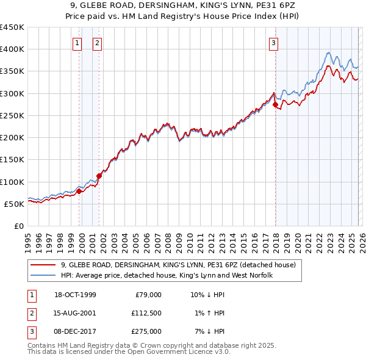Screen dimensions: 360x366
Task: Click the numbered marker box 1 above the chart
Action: point(78,43)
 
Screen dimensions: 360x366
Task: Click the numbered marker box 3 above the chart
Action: point(274,43)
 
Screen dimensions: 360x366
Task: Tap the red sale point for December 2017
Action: point(275,104)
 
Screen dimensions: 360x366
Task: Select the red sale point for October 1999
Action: point(79,191)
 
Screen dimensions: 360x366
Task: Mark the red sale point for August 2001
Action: point(99,176)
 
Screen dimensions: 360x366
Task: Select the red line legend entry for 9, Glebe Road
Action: point(178,265)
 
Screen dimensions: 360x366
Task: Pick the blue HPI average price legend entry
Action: point(167,276)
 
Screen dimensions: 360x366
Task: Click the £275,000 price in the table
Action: point(147,331)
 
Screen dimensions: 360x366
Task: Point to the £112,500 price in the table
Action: point(147,313)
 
